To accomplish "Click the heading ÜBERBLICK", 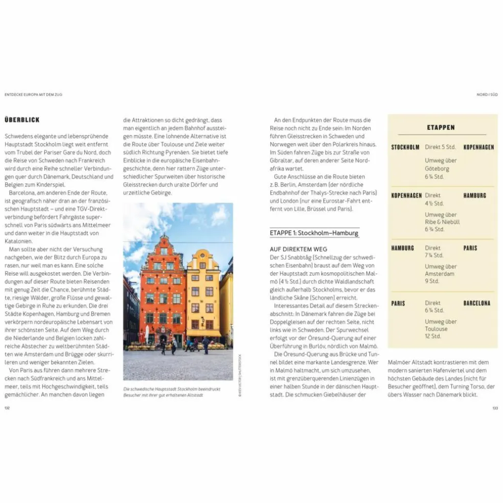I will tap(22, 120).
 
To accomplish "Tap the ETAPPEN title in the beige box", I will tap(441, 127).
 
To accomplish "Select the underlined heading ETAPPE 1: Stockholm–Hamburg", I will tap(314, 233).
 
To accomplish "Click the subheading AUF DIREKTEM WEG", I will tap(299, 249).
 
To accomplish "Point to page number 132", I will tap(7, 407).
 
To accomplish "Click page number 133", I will tap(495, 407).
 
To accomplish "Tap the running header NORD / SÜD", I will tap(487, 95).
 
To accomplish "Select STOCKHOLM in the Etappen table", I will tap(405, 147).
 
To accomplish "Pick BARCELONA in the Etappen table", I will tap(476, 303).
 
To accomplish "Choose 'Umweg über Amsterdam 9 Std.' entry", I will tap(440, 273).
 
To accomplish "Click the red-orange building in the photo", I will tap(163, 291).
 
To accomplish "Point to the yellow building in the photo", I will tap(203, 296).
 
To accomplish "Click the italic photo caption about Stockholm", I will tap(172, 392).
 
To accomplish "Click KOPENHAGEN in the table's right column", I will tap(478, 147).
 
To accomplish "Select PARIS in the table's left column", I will tap(398, 303).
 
